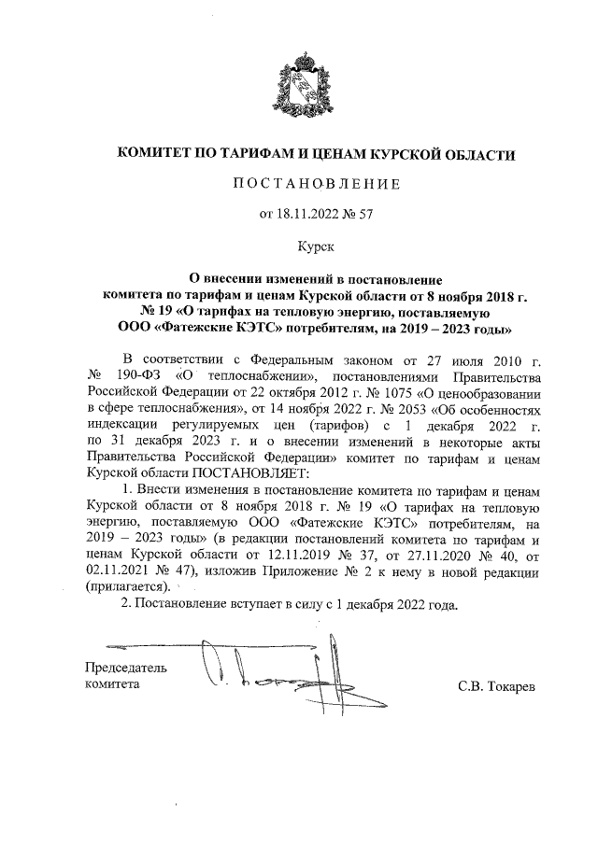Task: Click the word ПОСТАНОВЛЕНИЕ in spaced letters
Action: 316,184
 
